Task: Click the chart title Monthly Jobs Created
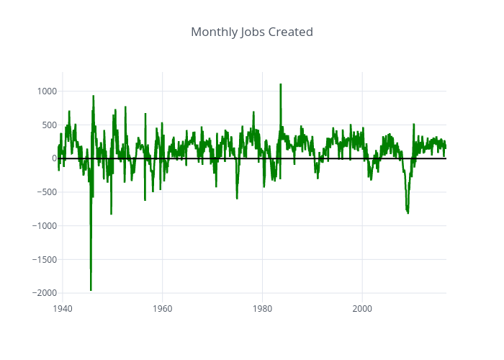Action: point(252,32)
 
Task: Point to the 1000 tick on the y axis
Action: point(47,91)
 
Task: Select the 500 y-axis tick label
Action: point(49,125)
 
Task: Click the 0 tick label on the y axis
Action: point(53,158)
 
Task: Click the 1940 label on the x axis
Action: point(63,308)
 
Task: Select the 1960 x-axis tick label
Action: point(162,308)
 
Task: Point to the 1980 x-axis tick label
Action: point(262,308)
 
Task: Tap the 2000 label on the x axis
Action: point(362,308)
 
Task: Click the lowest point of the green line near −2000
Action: point(91,290)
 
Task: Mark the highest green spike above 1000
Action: point(280,84)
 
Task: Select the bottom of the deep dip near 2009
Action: point(408,213)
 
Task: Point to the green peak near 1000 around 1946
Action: point(93,96)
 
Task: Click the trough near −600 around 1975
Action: point(237,198)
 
